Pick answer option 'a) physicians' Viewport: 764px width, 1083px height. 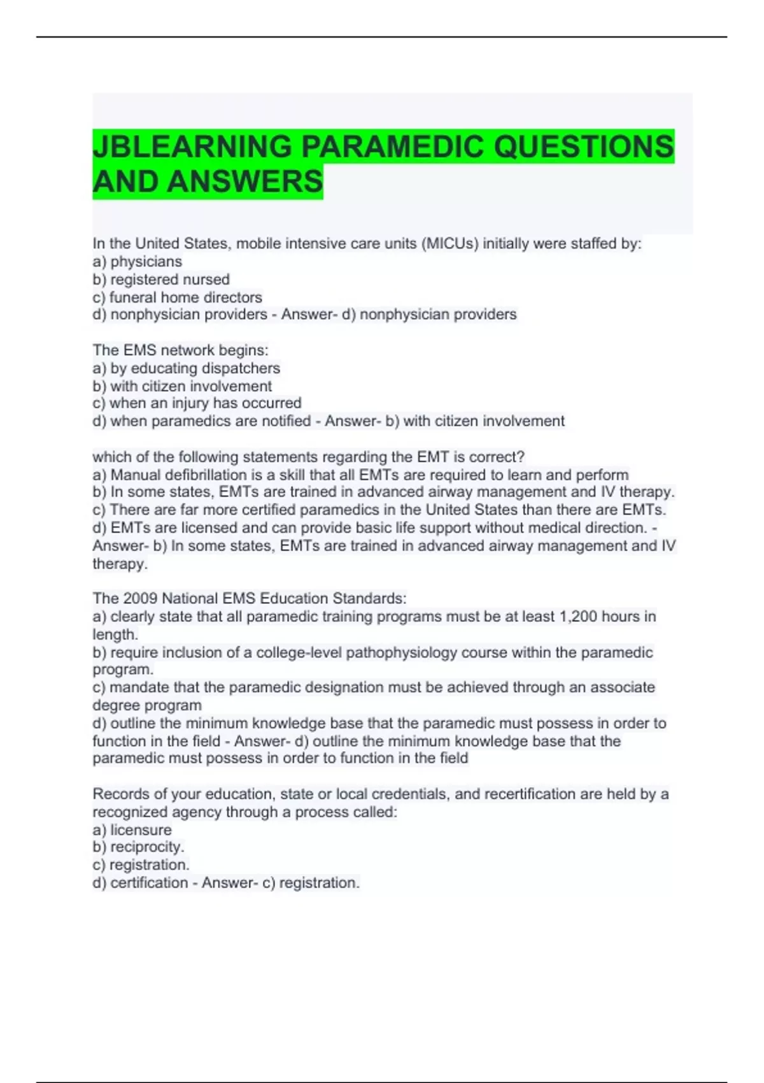tap(138, 261)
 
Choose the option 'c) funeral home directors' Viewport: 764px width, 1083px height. tap(178, 297)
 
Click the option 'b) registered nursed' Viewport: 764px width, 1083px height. tap(161, 279)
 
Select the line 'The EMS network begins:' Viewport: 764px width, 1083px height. tap(180, 350)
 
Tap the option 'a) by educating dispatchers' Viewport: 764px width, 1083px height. tap(187, 368)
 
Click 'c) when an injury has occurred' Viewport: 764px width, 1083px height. tap(197, 403)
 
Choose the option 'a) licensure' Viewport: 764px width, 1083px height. tap(132, 829)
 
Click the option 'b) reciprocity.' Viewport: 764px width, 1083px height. tap(139, 847)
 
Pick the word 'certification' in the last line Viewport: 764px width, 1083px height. tap(149, 882)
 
